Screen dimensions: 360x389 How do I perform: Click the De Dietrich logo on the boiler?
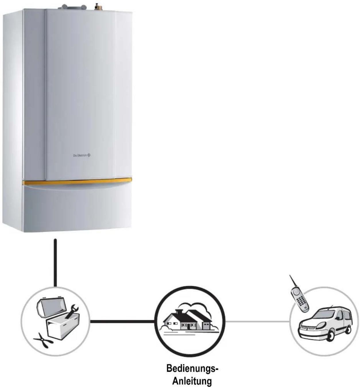[x=82, y=155]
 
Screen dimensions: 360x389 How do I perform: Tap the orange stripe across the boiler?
[x=77, y=182]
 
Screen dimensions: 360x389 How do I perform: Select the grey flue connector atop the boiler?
[x=72, y=7]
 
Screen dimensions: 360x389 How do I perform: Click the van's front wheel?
[x=330, y=335]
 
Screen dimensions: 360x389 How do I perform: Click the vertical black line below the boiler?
[x=55, y=263]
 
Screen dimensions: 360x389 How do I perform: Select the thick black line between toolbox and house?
[x=122, y=321]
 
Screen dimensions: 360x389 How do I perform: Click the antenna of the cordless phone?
[x=293, y=282]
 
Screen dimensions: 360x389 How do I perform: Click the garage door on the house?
[x=206, y=326]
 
